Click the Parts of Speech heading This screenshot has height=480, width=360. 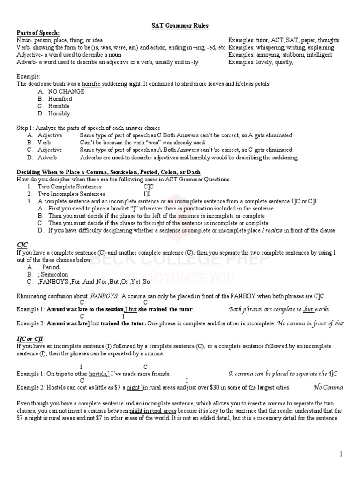[38, 33]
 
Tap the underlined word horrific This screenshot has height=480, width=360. [92, 84]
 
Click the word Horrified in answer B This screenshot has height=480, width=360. [60, 99]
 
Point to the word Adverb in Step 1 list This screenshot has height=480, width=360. [47, 157]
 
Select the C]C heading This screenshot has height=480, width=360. [22, 245]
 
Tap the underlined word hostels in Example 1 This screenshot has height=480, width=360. [99, 374]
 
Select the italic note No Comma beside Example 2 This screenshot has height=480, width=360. [329, 387]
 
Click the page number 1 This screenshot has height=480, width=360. [342, 454]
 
